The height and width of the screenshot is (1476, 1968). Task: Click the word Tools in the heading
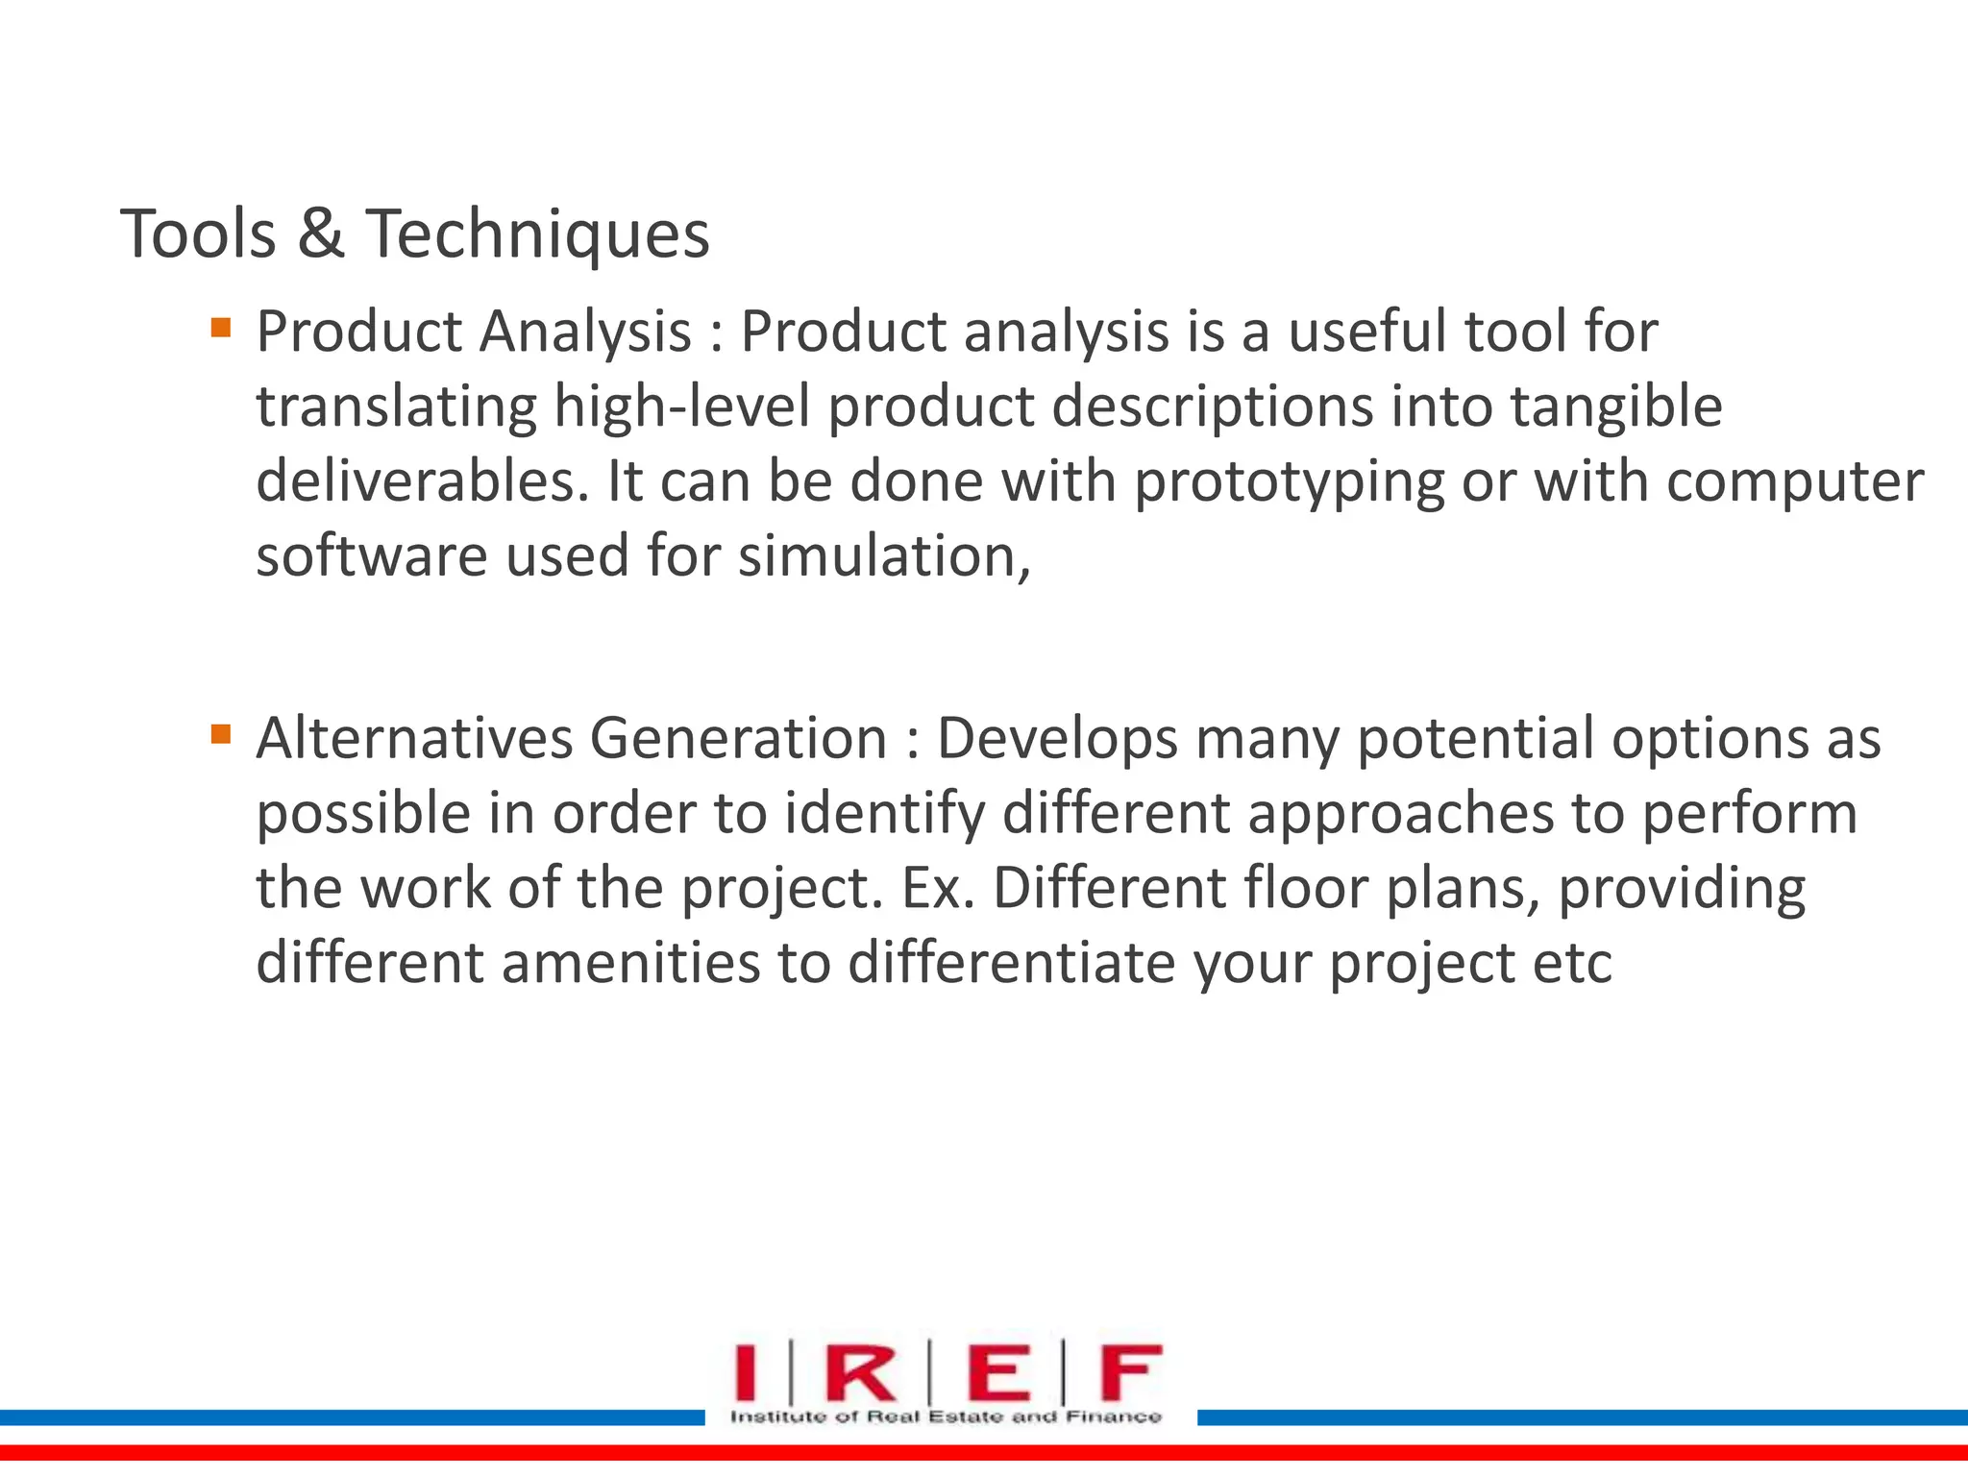coord(198,234)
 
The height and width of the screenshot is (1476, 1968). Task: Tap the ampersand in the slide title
coord(320,234)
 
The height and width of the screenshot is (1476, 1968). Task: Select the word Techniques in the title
coord(537,235)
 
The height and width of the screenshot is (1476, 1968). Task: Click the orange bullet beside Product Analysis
coord(221,328)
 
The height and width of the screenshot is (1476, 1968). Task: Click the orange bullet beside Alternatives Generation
coord(221,735)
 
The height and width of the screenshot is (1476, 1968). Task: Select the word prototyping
coord(1289,482)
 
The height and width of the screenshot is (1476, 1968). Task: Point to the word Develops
coord(1057,740)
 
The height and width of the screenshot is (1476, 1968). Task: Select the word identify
coord(884,815)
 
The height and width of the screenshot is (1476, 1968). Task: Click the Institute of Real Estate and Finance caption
coord(946,1416)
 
